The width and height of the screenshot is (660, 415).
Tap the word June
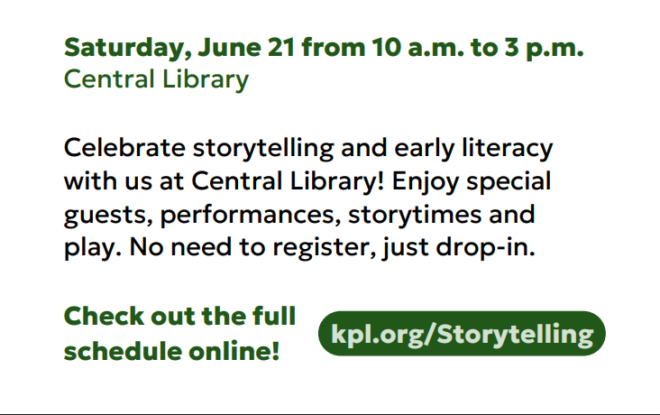[229, 47]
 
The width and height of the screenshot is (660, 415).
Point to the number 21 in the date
[280, 47]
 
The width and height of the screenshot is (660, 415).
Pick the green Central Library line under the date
[156, 79]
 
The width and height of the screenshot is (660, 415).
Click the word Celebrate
[124, 148]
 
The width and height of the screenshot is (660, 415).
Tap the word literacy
[508, 149]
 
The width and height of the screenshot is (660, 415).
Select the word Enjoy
[426, 182]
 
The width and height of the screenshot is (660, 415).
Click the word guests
[108, 216]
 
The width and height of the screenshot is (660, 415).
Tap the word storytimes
[415, 215]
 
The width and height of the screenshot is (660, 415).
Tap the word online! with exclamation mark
[234, 351]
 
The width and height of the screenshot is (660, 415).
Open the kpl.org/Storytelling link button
[462, 334]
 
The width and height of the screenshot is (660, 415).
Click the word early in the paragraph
[425, 149]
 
